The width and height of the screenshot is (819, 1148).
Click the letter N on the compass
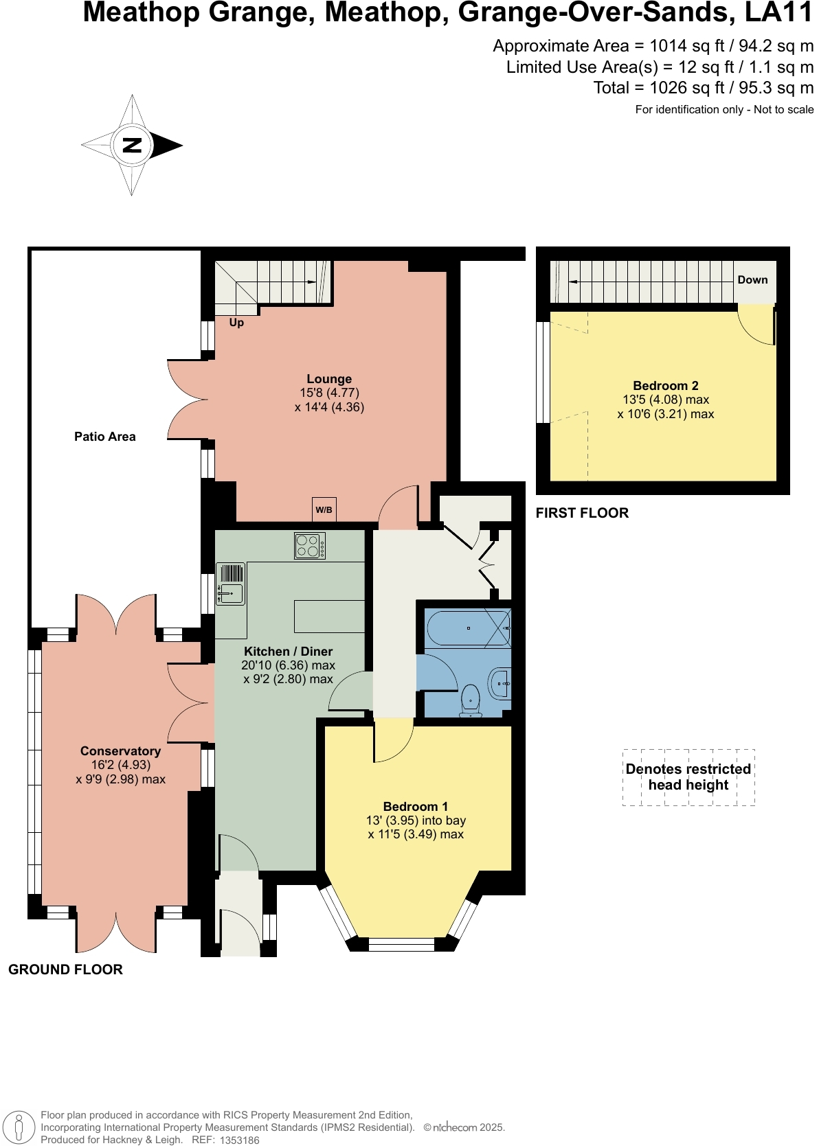pyautogui.click(x=132, y=145)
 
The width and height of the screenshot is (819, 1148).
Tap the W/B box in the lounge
pyautogui.click(x=324, y=509)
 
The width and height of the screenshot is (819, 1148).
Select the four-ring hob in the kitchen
pyautogui.click(x=309, y=546)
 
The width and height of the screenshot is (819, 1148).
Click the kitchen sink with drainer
pyautogui.click(x=231, y=584)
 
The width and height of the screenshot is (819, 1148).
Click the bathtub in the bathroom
pyautogui.click(x=467, y=628)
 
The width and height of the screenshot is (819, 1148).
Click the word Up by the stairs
pyautogui.click(x=236, y=322)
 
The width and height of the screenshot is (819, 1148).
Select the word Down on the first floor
pyautogui.click(x=752, y=279)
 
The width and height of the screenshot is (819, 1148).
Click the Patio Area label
pyautogui.click(x=105, y=437)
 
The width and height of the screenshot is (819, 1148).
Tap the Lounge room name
pyautogui.click(x=329, y=379)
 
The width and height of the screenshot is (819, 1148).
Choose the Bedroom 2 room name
pyautogui.click(x=665, y=386)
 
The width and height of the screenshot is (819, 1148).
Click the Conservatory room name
pyautogui.click(x=120, y=751)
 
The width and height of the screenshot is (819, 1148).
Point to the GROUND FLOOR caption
pyautogui.click(x=65, y=969)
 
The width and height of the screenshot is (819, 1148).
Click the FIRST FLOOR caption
pyautogui.click(x=582, y=513)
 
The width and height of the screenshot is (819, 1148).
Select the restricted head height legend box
pyautogui.click(x=688, y=777)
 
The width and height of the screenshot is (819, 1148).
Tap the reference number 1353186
pyautogui.click(x=240, y=1140)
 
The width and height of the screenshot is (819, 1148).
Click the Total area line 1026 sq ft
pyautogui.click(x=703, y=88)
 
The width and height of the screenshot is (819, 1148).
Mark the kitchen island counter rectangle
pyautogui.click(x=329, y=616)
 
